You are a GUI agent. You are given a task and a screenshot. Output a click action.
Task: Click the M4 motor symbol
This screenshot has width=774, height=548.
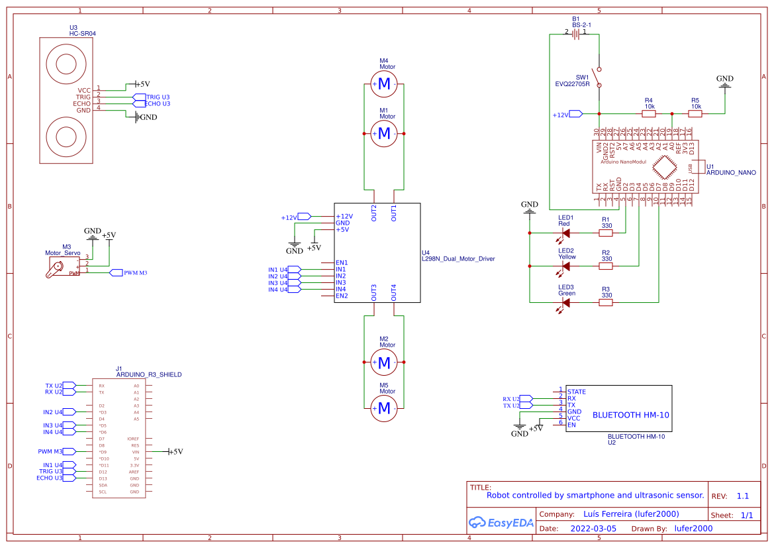tap(384, 83)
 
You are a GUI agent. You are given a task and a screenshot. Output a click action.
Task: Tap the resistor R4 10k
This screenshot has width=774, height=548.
tap(650, 113)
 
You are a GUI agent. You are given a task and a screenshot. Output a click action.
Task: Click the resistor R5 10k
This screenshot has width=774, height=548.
tap(695, 113)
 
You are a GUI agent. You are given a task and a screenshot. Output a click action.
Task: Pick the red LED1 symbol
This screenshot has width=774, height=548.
tap(565, 233)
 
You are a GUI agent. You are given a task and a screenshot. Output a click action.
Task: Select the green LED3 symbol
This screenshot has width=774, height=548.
tap(565, 302)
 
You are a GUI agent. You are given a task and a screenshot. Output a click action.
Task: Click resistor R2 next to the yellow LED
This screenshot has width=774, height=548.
tap(606, 266)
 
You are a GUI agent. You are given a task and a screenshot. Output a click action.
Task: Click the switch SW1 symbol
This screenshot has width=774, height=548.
tap(599, 80)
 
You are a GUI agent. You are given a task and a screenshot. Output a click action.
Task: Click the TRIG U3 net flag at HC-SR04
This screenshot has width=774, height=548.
tap(140, 97)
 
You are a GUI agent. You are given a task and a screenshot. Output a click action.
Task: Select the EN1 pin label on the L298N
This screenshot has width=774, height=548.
tap(342, 262)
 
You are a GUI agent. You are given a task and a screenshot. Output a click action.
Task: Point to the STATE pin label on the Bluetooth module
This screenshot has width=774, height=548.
tap(577, 392)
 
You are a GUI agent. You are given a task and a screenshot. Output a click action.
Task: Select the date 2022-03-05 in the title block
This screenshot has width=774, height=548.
tap(593, 529)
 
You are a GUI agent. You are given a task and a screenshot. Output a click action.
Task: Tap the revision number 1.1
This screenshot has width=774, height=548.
tap(742, 496)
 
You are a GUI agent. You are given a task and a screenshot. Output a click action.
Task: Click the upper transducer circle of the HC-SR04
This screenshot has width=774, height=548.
tap(67, 64)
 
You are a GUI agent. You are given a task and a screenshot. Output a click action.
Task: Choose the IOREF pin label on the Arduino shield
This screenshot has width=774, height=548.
tap(133, 439)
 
